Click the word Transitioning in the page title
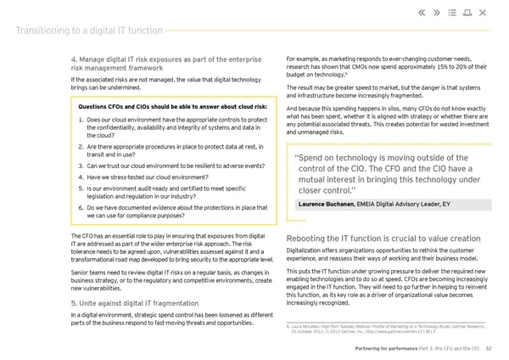tap(42, 32)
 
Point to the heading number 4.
tap(74, 58)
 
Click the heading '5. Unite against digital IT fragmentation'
tap(135, 301)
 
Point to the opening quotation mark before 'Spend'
tap(296, 158)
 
